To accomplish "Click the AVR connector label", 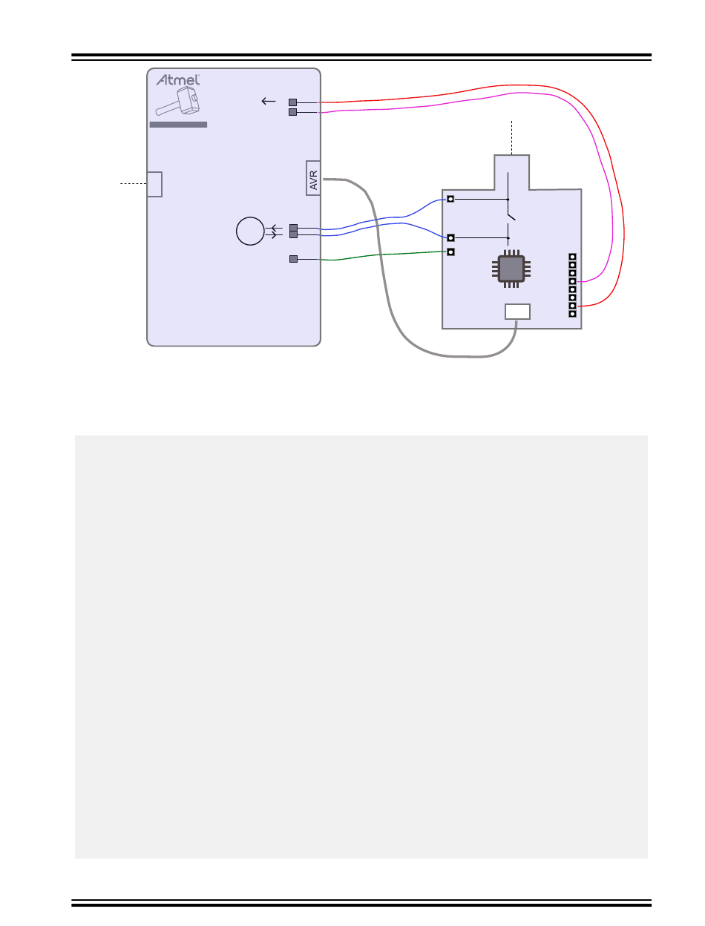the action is click(313, 178).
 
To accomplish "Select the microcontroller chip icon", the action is click(510, 269).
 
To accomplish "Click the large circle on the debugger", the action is click(249, 231).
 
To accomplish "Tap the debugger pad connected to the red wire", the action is click(292, 102).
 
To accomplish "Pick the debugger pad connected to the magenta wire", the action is click(292, 112).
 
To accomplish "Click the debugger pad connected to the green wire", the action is click(292, 259).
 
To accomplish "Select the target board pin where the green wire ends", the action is click(450, 252).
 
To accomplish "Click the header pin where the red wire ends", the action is click(572, 306).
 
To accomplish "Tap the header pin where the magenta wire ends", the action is click(572, 281).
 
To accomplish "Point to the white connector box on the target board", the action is click(517, 311).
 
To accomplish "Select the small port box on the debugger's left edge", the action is click(154, 184).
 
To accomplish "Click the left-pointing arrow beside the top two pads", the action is click(269, 102).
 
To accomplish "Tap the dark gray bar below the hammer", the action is click(178, 125).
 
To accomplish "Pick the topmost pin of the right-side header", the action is click(572, 257).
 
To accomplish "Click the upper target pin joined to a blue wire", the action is click(450, 199).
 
